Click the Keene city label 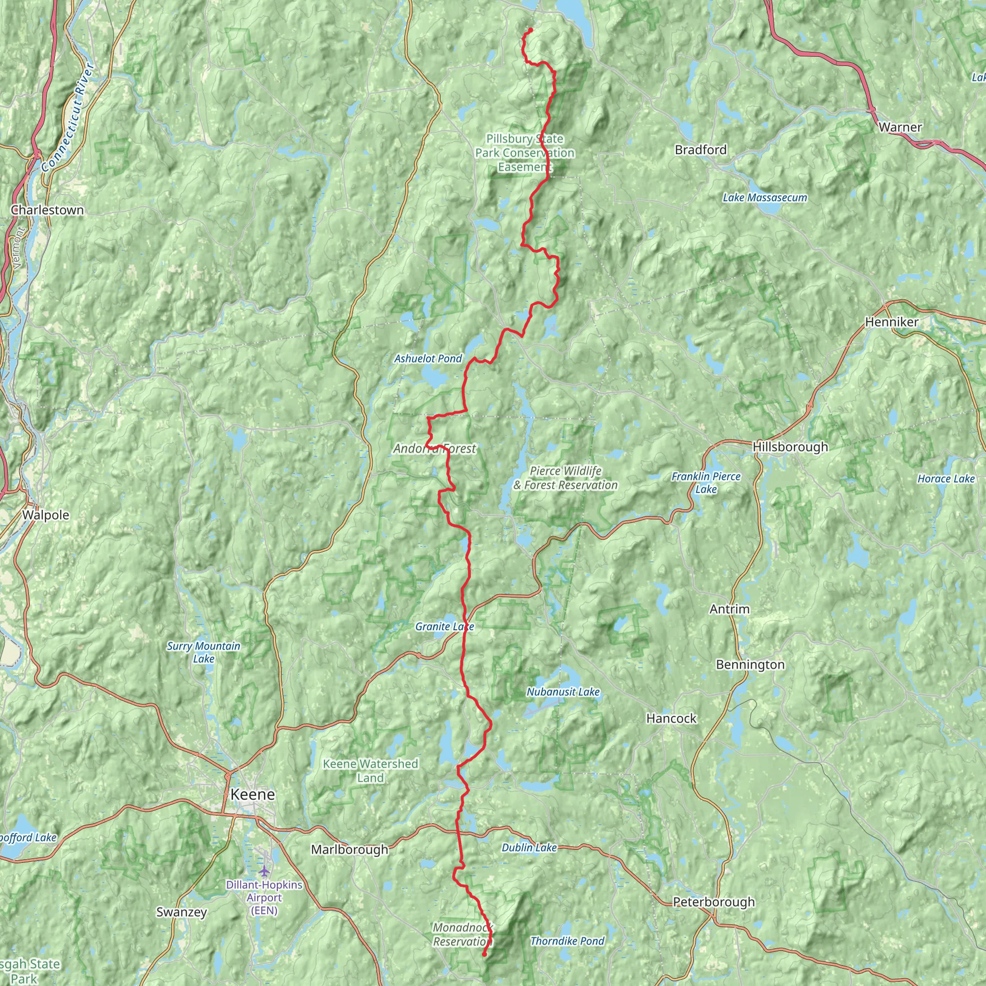[x=253, y=794]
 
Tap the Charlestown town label [x=47, y=210]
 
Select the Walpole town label [x=45, y=515]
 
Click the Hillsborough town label [x=790, y=447]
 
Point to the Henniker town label [x=892, y=322]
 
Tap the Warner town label [x=900, y=127]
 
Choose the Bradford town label [x=700, y=150]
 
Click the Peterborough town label [x=714, y=902]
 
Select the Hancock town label [x=671, y=719]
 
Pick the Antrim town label [x=729, y=609]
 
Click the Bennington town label [x=750, y=664]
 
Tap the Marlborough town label [x=350, y=850]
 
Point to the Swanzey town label [x=182, y=912]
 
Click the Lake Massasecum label [x=765, y=197]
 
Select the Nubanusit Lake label [x=563, y=692]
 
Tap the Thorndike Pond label [x=567, y=941]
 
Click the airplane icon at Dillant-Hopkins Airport [x=264, y=870]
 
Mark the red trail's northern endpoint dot [x=530, y=29]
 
